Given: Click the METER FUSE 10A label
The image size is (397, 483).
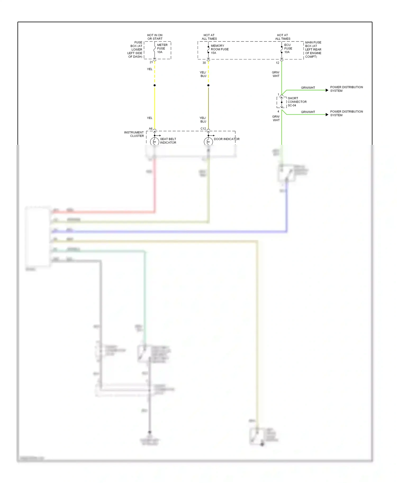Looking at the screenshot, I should tap(162, 48).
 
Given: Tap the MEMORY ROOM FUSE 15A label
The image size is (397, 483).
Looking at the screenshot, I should tap(219, 49).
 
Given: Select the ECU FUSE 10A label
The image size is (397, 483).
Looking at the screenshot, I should tap(288, 48).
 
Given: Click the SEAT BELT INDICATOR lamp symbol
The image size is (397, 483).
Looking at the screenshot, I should tap(155, 142).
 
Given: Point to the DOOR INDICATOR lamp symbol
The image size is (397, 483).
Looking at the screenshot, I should tap(208, 142).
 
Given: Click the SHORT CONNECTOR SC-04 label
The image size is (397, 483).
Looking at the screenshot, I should tap(297, 102).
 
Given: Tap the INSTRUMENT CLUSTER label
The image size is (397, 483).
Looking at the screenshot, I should tap(134, 134).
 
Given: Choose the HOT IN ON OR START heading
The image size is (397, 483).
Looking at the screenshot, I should tap(155, 37).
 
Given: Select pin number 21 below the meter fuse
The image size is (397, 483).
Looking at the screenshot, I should tap(151, 62).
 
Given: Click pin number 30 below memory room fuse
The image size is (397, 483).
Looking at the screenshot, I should tap(204, 63).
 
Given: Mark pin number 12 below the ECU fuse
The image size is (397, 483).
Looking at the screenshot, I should tap(277, 63).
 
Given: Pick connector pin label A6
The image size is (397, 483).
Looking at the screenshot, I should tap(151, 129).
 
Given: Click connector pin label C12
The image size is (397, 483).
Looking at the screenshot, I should tap(203, 129).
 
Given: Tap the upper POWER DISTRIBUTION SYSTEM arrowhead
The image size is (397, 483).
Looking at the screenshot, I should tap(327, 90).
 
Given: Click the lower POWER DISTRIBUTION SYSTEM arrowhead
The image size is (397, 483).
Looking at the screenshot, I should tap(327, 115).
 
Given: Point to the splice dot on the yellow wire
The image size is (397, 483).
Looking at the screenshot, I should tap(155, 85).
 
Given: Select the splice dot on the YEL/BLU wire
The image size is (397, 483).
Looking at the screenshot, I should tap(208, 85).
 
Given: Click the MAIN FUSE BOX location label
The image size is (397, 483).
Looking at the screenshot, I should tap(313, 49).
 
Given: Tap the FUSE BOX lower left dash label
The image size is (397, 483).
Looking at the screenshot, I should tap(135, 49).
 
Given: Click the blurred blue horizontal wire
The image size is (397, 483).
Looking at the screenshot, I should tap(169, 232).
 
